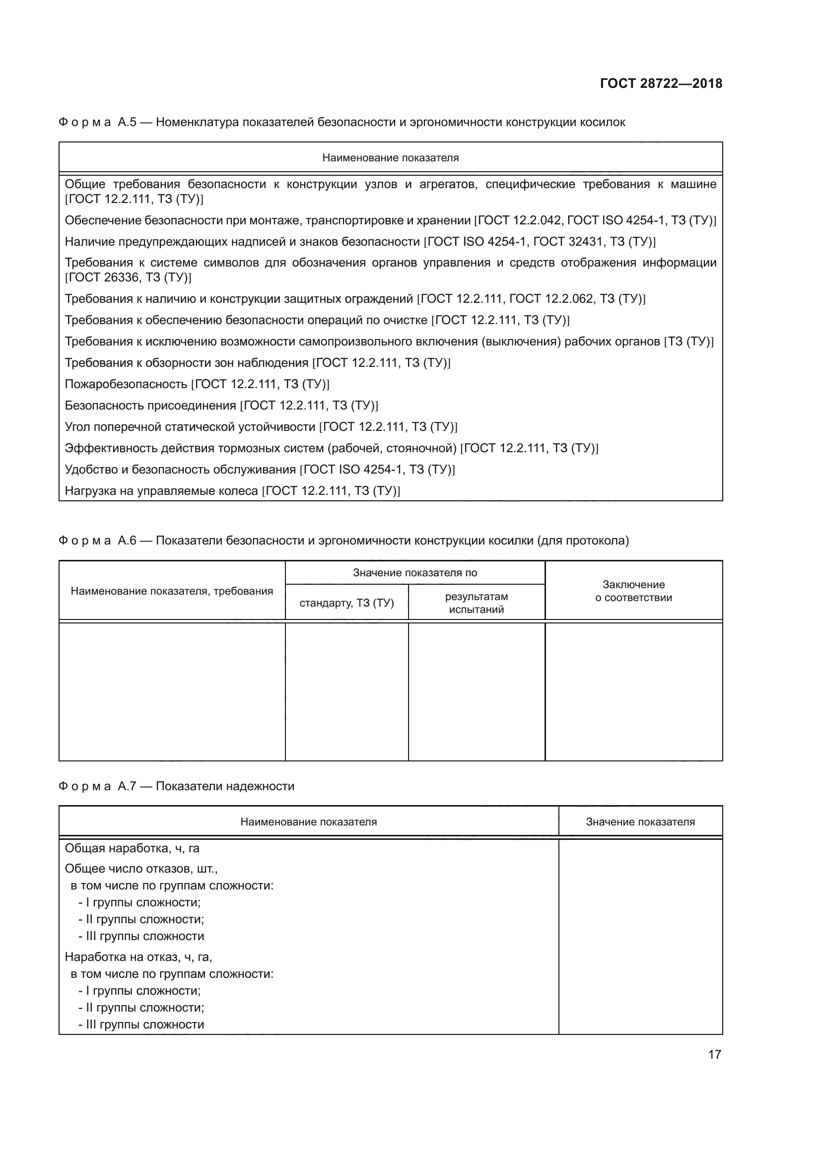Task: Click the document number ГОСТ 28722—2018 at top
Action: click(x=661, y=84)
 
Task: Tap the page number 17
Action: click(x=714, y=1054)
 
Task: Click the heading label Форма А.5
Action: click(x=97, y=123)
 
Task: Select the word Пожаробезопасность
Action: click(x=126, y=384)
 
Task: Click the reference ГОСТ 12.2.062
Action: click(x=550, y=299)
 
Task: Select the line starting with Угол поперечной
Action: click(x=261, y=427)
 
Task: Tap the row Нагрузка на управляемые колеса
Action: click(x=232, y=490)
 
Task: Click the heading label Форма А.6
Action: click(x=97, y=541)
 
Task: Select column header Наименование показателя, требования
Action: click(x=172, y=591)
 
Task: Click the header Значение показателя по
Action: click(x=414, y=573)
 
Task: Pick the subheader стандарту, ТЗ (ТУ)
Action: click(x=346, y=603)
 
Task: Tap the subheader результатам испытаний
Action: click(x=476, y=603)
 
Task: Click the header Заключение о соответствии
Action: click(x=633, y=591)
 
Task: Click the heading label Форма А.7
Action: click(x=97, y=786)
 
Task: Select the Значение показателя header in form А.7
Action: click(x=640, y=821)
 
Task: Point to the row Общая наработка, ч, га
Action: click(x=132, y=848)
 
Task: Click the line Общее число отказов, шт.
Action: click(x=141, y=869)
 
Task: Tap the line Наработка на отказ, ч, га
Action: click(x=138, y=957)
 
